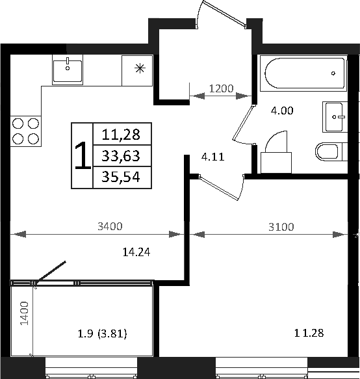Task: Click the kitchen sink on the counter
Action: [x=68, y=70]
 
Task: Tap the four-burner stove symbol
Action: [x=25, y=130]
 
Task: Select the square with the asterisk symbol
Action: [x=138, y=70]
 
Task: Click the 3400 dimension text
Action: [x=109, y=227]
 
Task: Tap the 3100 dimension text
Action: [x=281, y=227]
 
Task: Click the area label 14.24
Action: [x=136, y=253]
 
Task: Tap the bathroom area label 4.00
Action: [x=282, y=111]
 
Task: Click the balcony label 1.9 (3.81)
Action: [x=101, y=334]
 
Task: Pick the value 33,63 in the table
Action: [x=122, y=156]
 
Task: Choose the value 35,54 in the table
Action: [x=122, y=177]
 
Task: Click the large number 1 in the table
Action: [x=83, y=156]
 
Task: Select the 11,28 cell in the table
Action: [x=122, y=135]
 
